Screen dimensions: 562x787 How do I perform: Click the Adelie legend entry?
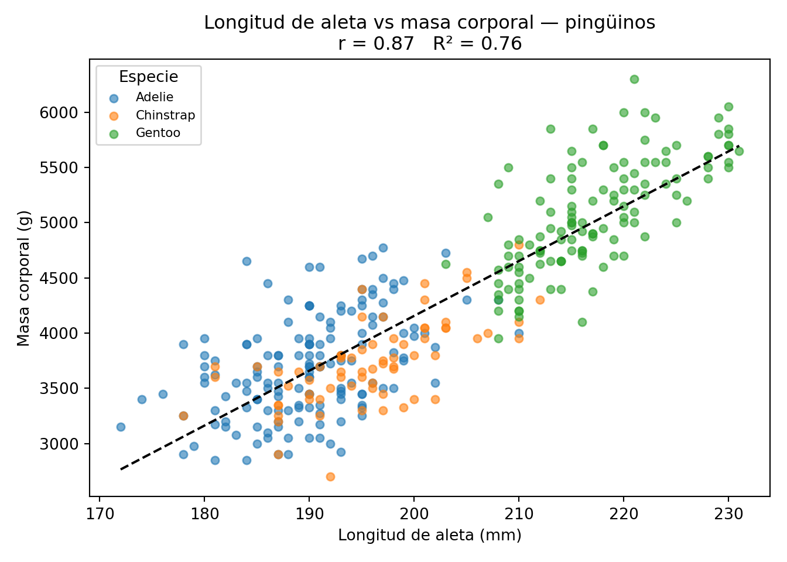coord(154,98)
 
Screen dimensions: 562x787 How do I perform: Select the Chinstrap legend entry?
coord(165,115)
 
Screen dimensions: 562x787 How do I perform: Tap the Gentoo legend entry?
coord(158,133)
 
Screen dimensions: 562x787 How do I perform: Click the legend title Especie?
coord(148,77)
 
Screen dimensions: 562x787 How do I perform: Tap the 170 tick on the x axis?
coord(100,515)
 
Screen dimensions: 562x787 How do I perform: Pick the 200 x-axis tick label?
coord(414,515)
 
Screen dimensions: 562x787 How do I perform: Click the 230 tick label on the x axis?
coord(728,515)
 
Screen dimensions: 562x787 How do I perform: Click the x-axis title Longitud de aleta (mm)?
coord(429,535)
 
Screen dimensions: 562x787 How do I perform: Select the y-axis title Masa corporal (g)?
coord(23,278)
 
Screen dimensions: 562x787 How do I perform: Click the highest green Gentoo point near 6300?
coord(634,79)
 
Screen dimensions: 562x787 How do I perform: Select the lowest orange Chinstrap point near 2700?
coord(330,477)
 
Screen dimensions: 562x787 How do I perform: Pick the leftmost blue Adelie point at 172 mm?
coord(121,427)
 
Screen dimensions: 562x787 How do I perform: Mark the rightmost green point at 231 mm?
coord(739,151)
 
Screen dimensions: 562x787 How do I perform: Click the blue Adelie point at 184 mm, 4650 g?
coord(247,261)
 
